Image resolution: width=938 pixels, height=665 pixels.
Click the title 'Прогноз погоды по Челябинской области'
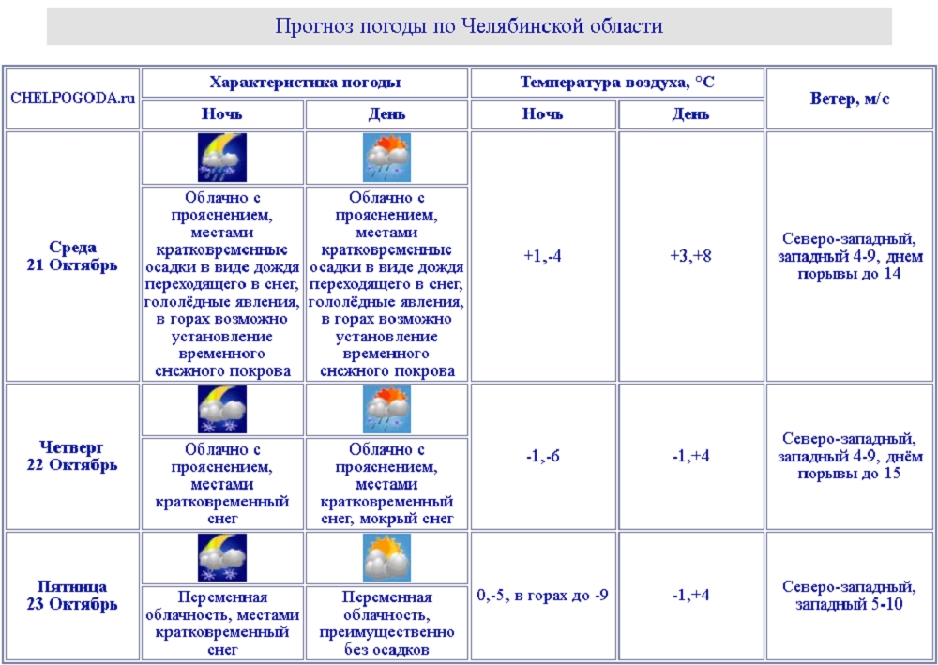tap(469, 25)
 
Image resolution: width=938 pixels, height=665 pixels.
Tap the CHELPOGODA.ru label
tap(71, 98)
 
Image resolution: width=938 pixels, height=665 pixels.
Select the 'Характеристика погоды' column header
tap(305, 83)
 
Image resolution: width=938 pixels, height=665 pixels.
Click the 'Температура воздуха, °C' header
tap(617, 83)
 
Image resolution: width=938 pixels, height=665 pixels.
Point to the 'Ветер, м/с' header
tap(850, 98)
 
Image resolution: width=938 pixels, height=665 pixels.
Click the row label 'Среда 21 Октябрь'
tap(72, 256)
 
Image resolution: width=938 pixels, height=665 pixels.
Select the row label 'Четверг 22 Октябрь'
tap(72, 456)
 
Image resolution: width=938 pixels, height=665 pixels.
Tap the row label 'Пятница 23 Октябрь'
tap(72, 596)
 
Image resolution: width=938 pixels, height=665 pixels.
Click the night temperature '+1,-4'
tap(543, 255)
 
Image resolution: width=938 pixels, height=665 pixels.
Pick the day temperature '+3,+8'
tap(690, 255)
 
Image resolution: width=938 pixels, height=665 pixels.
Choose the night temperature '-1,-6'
tap(543, 456)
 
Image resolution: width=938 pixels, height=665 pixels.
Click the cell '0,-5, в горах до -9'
tap(543, 595)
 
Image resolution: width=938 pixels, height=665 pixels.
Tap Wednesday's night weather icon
tap(222, 158)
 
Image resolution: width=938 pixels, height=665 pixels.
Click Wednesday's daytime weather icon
tap(386, 158)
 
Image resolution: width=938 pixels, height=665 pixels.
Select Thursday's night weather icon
tap(222, 410)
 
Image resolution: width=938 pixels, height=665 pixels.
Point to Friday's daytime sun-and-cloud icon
tap(386, 558)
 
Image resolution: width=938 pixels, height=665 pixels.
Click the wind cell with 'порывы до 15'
tap(850, 456)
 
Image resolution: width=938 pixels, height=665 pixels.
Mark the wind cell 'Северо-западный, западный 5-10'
tap(850, 596)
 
